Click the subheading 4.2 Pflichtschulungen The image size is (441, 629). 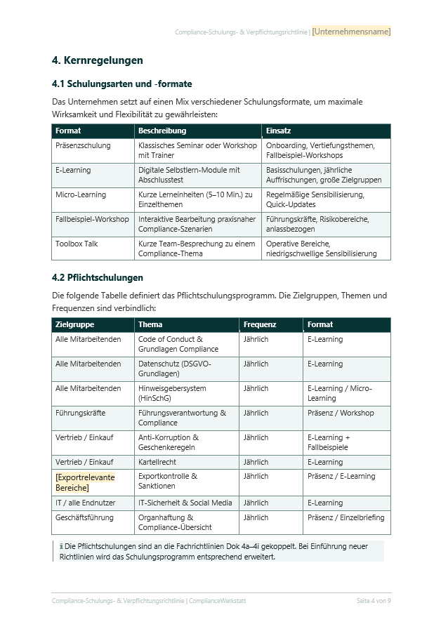click(98, 277)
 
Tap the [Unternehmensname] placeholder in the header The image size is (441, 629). click(351, 32)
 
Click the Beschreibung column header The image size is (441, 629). click(162, 131)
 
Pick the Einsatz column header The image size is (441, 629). click(279, 131)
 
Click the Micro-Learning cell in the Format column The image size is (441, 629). click(81, 194)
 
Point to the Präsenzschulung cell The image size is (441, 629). click(83, 145)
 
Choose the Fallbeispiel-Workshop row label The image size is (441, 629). click(92, 219)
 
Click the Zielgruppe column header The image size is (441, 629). click(74, 324)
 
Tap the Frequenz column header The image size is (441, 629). click(260, 324)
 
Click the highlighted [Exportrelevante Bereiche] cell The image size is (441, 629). click(84, 482)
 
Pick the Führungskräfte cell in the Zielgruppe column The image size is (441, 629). click(81, 413)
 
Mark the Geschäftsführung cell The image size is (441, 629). click(85, 517)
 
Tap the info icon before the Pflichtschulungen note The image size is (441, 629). click(60, 546)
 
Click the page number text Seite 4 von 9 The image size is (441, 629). click(374, 601)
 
